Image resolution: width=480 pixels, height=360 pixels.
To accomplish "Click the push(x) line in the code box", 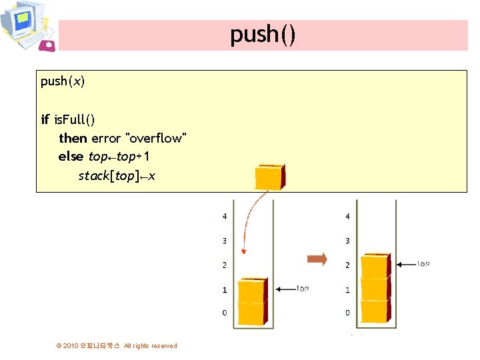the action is [63, 81].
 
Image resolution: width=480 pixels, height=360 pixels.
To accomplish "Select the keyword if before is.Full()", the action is [45, 119].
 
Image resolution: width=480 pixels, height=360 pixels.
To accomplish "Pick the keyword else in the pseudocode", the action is [71, 157].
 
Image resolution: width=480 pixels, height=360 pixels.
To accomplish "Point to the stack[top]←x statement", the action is [117, 176].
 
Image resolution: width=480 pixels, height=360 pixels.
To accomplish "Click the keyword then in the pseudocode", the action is [73, 138].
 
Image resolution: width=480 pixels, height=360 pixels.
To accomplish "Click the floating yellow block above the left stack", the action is [269, 177].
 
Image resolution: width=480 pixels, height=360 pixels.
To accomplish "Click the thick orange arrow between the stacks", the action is [317, 259].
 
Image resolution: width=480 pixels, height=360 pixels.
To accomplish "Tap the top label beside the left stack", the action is [302, 289].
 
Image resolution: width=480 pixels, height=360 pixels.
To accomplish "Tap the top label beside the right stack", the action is [423, 264].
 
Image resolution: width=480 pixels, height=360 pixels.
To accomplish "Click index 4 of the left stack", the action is [225, 217].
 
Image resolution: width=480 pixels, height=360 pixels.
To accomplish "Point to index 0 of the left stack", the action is [225, 313].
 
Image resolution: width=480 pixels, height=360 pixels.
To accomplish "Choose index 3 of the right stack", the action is [347, 241].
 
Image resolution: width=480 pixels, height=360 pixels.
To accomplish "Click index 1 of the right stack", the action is [347, 290].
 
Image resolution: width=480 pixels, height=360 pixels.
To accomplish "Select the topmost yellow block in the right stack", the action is [375, 266].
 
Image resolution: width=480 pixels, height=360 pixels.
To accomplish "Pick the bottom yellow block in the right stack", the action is [375, 311].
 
